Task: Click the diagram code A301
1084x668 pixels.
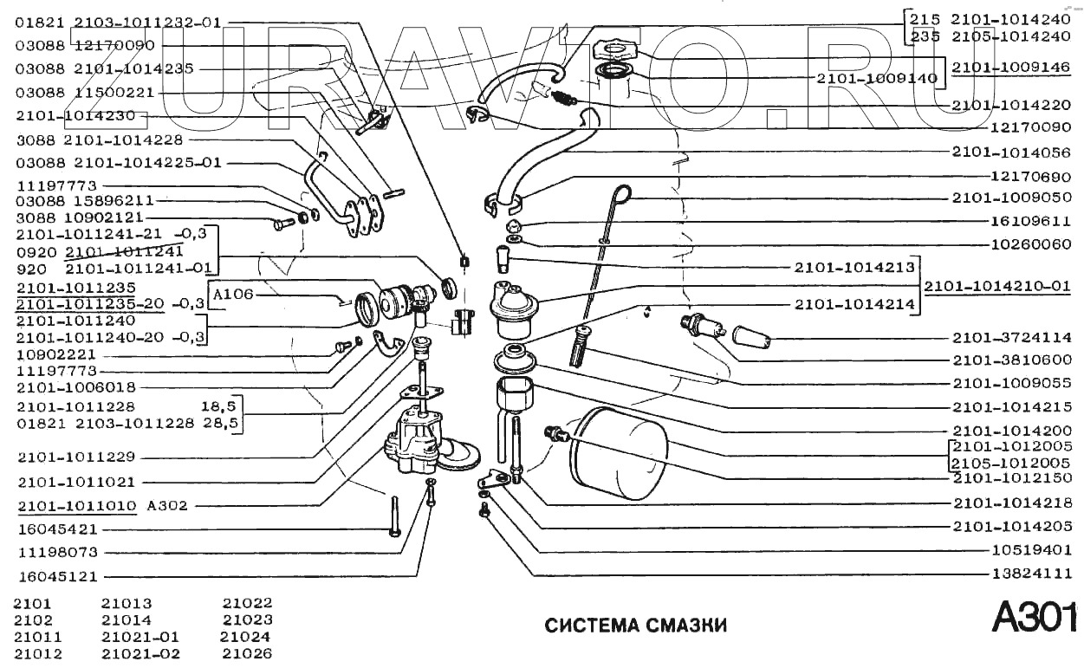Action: coord(1034,619)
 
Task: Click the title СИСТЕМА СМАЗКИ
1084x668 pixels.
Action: coord(635,626)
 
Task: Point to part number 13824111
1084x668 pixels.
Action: coord(1032,574)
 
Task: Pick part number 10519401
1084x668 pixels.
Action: coord(1032,550)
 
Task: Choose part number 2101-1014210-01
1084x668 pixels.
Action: coord(996,286)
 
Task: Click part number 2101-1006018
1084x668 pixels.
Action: coord(75,387)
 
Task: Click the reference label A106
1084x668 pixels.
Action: coord(233,294)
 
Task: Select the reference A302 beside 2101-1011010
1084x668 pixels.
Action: coord(167,505)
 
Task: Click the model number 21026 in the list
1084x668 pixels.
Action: coord(247,653)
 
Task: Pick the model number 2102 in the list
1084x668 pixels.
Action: coord(33,620)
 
